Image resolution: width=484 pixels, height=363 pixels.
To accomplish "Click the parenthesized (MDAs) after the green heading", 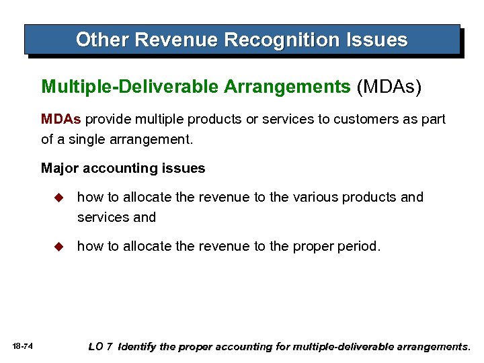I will coord(389,87).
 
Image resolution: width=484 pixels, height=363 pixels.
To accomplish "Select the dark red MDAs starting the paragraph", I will coord(61,119).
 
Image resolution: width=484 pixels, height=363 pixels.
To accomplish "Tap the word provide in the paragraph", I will coord(108,119).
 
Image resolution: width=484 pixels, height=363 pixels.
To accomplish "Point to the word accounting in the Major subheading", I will coord(124,168).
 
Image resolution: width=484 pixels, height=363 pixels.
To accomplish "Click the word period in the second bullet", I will coord(360,246).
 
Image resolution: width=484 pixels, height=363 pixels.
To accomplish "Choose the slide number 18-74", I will coord(23,347).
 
